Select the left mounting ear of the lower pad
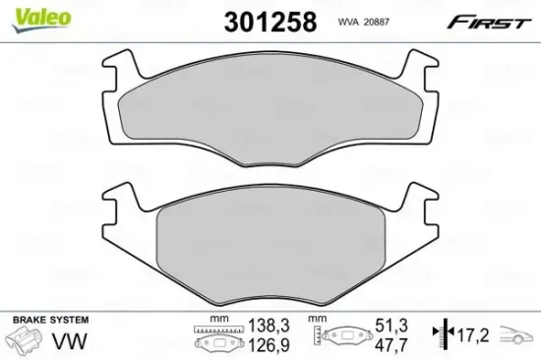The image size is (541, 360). pyautogui.click(x=119, y=204)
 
